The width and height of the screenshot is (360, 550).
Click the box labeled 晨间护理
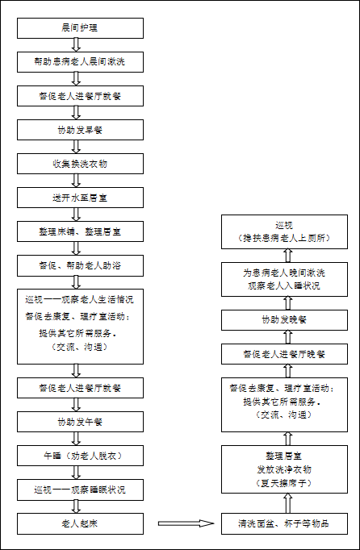click(80, 28)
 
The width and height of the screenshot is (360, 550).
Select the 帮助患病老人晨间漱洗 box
click(80, 62)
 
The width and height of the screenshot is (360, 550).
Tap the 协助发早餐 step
click(80, 130)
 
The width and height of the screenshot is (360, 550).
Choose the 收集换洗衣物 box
click(80, 164)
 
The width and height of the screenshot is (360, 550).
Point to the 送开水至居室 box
click(80, 198)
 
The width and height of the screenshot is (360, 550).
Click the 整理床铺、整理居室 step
click(80, 231)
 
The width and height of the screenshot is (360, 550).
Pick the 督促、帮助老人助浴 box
click(80, 265)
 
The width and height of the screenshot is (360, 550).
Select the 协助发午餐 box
click(80, 422)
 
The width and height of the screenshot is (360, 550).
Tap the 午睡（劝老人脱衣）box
click(80, 456)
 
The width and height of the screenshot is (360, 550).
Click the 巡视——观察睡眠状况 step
click(80, 490)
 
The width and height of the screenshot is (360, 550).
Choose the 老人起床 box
click(80, 523)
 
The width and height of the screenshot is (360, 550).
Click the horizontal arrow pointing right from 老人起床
click(186, 523)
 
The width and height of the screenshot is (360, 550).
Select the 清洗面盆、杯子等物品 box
click(284, 523)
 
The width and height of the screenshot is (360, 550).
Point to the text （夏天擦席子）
click(284, 483)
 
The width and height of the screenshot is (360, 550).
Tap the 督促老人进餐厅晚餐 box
click(284, 354)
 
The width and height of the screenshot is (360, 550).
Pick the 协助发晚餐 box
click(284, 320)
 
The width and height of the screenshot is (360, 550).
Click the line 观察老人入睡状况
click(284, 285)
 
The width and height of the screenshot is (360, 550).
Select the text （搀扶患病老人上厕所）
click(284, 238)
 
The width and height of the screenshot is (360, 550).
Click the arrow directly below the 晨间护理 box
click(76, 45)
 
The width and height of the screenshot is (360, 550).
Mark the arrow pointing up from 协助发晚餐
click(288, 302)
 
